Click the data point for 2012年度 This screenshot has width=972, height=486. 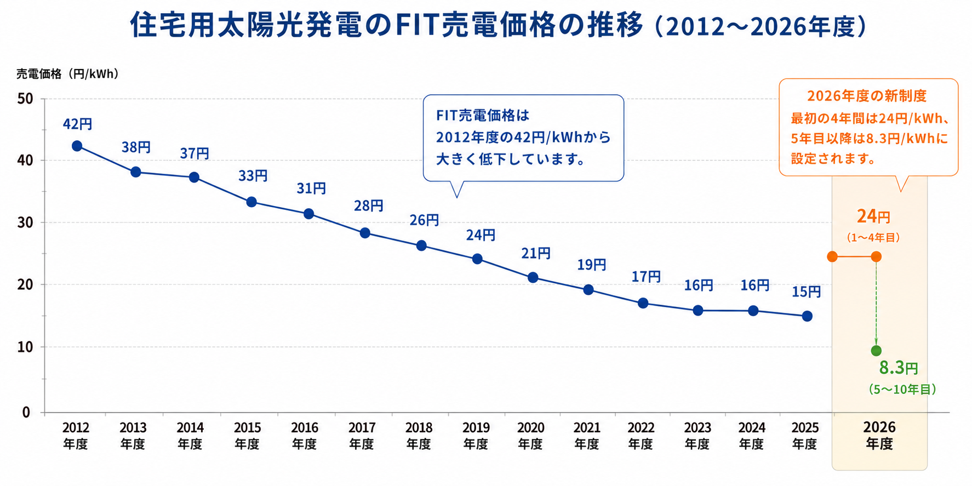pos(77,146)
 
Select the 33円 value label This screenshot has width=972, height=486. pos(253,176)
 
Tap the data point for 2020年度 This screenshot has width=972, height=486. pos(533,278)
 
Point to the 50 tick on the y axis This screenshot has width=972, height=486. pos(25,99)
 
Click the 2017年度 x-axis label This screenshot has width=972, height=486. pos(362,436)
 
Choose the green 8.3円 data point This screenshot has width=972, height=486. pos(876,351)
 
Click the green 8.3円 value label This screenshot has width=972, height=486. pos(899,368)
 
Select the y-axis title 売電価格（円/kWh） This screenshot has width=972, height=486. pos(67,74)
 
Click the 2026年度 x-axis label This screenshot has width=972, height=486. pos(879,436)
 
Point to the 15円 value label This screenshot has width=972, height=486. pos(806,292)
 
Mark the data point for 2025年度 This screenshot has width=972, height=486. pos(807,316)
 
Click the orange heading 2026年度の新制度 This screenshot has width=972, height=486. pos(867,96)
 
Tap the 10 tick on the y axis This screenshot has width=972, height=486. pos(25,347)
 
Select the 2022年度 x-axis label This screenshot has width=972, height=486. pos(641,436)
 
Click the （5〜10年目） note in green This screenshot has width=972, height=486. pos(902,390)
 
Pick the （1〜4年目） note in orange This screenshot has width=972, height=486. pos(873,238)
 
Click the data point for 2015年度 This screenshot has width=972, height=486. pos(251,202)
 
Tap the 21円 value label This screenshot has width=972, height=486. pos(536,254)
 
